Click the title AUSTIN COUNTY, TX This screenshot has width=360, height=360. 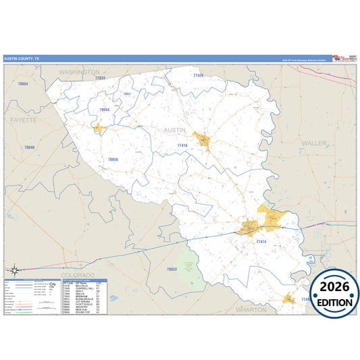pyautogui.click(x=22, y=59)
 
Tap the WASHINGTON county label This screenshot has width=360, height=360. pyautogui.click(x=79, y=72)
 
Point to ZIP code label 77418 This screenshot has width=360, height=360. pyautogui.click(x=182, y=145)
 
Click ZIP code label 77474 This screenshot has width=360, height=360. pyautogui.click(x=262, y=241)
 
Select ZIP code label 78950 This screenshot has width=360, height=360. pyautogui.click(x=113, y=159)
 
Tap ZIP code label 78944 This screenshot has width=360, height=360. pyautogui.click(x=104, y=109)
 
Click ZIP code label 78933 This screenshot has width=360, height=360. pyautogui.click(x=172, y=269)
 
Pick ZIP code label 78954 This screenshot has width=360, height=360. pyautogui.click(x=23, y=83)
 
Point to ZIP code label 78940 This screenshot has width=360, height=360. pyautogui.click(x=29, y=147)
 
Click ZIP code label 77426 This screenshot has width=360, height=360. pyautogui.click(x=198, y=76)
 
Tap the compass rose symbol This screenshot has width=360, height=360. pyautogui.click(x=14, y=270)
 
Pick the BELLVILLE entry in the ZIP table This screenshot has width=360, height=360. pyautogui.click(x=82, y=286)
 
